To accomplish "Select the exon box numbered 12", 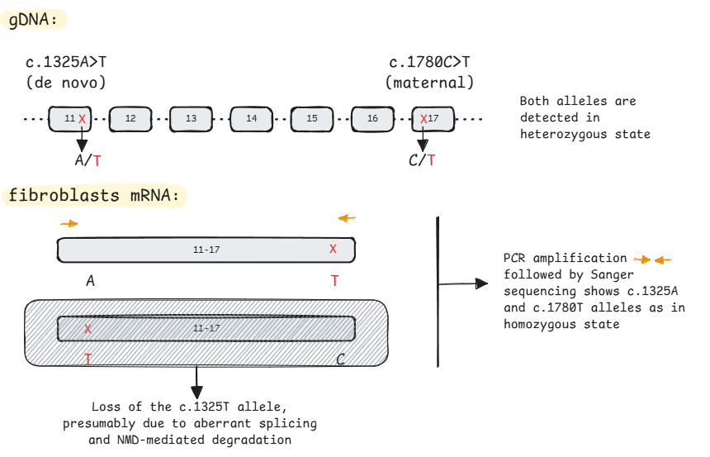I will pyautogui.click(x=130, y=119).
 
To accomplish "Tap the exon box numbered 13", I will pyautogui.click(x=191, y=119).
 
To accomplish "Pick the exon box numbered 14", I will pyautogui.click(x=252, y=119).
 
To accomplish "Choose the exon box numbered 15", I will pyautogui.click(x=312, y=119).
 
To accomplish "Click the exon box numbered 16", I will pyautogui.click(x=372, y=119).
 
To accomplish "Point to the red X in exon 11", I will pyautogui.click(x=82, y=119).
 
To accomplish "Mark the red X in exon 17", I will pyautogui.click(x=424, y=119).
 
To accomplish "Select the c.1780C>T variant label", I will pyautogui.click(x=429, y=63).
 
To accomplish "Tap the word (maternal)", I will pyautogui.click(x=429, y=83).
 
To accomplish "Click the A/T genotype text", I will pyautogui.click(x=88, y=160).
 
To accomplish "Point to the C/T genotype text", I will pyautogui.click(x=422, y=160).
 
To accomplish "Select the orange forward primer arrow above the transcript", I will pyautogui.click(x=69, y=223).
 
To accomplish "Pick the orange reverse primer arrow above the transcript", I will pyautogui.click(x=348, y=218).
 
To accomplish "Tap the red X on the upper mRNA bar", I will pyautogui.click(x=333, y=249).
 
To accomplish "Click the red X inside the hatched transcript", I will pyautogui.click(x=88, y=329).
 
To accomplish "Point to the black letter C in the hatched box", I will pyautogui.click(x=340, y=359).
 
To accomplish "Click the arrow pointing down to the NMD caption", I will pyautogui.click(x=196, y=382).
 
